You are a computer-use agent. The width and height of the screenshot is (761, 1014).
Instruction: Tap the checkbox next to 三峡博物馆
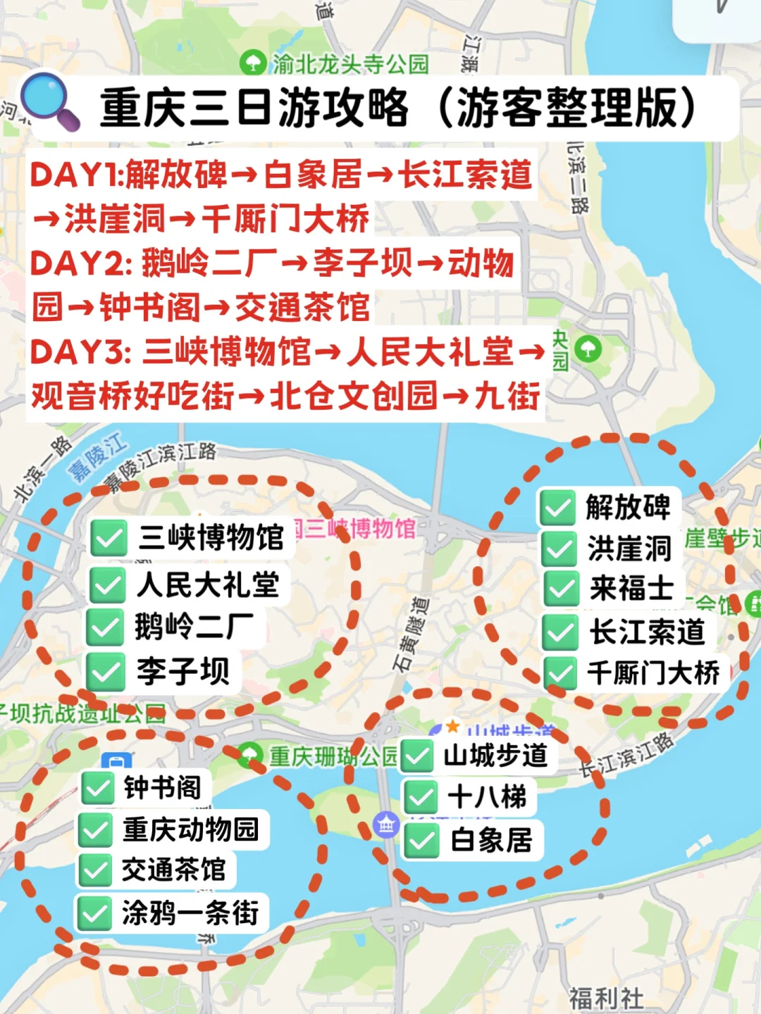(109, 539)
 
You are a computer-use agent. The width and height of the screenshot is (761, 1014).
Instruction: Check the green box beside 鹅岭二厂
(106, 627)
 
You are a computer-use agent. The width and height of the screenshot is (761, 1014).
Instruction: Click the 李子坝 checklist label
(182, 670)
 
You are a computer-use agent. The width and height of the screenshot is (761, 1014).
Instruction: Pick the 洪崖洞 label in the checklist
(629, 549)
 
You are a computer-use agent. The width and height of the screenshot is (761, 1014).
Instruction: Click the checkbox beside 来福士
(561, 589)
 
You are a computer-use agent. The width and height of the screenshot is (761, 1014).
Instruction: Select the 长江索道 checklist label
(647, 632)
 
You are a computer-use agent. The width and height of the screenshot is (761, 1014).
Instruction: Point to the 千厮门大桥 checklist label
(653, 673)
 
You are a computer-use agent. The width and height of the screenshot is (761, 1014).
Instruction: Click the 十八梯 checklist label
(487, 797)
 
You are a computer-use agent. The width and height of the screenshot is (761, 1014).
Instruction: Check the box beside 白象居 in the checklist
(422, 841)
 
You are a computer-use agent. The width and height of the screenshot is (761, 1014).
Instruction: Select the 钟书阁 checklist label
(162, 787)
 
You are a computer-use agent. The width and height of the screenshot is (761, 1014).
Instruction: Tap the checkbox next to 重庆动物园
(96, 830)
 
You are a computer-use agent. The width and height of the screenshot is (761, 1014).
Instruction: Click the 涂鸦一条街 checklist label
(190, 913)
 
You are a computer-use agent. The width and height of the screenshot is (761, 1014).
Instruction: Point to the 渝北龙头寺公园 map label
(349, 64)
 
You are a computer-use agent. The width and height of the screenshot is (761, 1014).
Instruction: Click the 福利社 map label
(606, 998)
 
